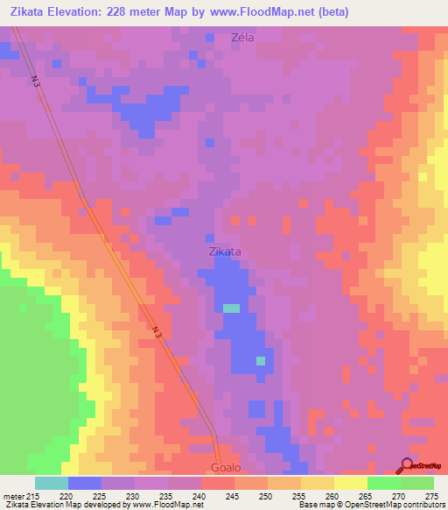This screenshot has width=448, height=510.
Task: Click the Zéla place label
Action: coord(242,38)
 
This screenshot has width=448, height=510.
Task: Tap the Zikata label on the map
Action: coord(225,251)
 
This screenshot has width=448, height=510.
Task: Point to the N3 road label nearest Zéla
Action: coord(37,84)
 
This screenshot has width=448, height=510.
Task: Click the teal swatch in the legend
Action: coord(52,483)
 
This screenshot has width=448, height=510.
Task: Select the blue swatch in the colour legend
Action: coord(85,483)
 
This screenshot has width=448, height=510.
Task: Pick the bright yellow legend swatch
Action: coord(350,483)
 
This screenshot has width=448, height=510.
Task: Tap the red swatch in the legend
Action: coord(217,483)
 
